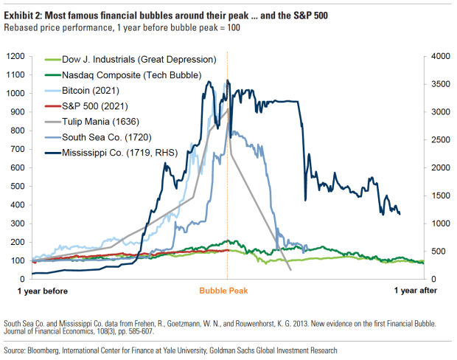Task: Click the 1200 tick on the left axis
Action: [15, 56]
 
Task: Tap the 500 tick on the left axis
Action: [18, 186]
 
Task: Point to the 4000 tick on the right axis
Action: [441, 56]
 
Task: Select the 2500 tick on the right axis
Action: [441, 139]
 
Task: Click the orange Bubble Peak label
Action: [223, 291]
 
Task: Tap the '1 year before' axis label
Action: [43, 291]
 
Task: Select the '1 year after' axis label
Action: [416, 291]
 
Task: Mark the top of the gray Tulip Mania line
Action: [228, 108]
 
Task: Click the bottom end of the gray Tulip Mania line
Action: [290, 270]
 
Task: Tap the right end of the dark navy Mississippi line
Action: [400, 214]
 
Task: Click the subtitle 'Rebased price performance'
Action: [57, 28]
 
